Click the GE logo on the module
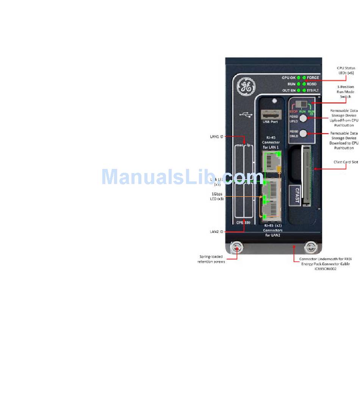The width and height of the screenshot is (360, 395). click(244, 86)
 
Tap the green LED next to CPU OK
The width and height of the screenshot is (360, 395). click(299, 78)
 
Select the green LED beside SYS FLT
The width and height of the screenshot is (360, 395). click(304, 90)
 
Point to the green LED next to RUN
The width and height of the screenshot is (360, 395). click(299, 84)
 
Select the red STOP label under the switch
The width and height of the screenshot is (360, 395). click(294, 112)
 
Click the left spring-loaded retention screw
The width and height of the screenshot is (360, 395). click(237, 248)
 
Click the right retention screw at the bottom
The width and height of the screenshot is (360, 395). click(310, 248)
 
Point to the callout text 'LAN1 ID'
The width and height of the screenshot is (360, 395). click(217, 136)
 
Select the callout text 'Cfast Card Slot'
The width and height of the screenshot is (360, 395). click(345, 162)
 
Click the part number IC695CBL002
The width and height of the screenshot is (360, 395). click(325, 269)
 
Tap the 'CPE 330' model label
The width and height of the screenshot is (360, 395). click(243, 223)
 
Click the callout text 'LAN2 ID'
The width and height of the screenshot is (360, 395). click(217, 231)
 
